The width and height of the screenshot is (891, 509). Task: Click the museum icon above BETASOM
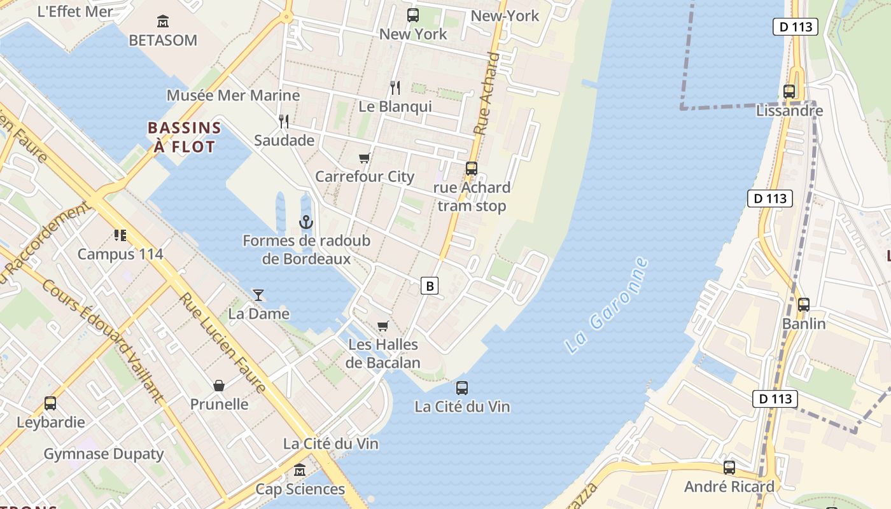[163, 22]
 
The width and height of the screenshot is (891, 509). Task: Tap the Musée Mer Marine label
[233, 95]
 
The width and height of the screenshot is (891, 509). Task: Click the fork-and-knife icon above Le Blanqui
[395, 88]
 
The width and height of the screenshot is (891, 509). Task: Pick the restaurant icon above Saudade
[284, 121]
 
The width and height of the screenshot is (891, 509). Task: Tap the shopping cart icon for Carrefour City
[364, 158]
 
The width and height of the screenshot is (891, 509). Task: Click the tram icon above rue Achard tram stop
[472, 169]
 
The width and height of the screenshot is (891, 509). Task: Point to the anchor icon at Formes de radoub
[306, 222]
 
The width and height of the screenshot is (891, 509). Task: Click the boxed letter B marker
[430, 286]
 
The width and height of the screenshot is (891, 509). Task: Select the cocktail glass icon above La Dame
[258, 295]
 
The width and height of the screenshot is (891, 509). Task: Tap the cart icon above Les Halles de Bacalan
[382, 326]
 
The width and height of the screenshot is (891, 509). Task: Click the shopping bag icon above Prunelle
[219, 385]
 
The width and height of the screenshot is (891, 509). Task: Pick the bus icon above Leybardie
[50, 403]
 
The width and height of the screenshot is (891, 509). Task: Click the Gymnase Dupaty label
[104, 454]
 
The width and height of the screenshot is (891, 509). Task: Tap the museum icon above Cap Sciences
[300, 471]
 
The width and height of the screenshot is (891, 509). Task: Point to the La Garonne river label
[607, 305]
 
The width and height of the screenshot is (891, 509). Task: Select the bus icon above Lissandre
[789, 92]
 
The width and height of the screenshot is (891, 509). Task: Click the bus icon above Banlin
[804, 305]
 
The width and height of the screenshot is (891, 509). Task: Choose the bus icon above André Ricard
[729, 468]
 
